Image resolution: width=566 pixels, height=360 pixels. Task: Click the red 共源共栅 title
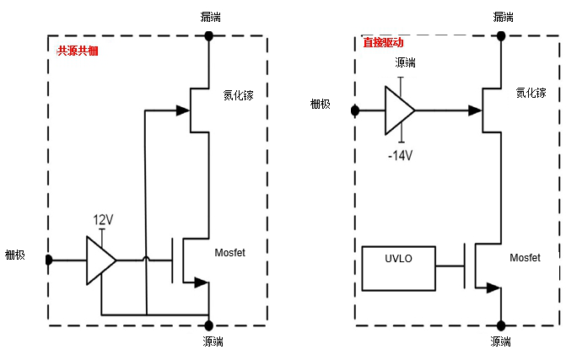tap(78, 51)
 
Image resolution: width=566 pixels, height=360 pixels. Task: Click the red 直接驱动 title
tap(383, 43)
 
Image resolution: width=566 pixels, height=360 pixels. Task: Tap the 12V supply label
tap(103, 219)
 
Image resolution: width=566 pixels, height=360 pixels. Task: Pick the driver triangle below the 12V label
tap(100, 260)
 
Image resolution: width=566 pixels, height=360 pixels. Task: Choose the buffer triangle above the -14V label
tap(399, 110)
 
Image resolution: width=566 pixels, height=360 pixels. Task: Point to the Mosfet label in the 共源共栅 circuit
tap(229, 252)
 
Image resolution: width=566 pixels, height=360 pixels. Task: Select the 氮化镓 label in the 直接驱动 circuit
tap(531, 93)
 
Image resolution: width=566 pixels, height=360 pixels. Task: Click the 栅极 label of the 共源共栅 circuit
tap(18, 255)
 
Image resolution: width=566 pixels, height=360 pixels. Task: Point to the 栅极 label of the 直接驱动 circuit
tap(321, 104)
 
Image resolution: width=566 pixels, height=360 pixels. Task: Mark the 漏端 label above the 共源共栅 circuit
tap(212, 16)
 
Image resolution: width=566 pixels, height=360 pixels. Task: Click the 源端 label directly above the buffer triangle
tap(405, 63)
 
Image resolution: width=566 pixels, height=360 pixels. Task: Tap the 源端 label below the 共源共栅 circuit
tap(213, 341)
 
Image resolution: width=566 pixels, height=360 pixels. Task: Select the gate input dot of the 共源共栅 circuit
tap(49, 260)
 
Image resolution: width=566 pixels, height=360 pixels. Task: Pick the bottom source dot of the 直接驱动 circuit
tap(500, 325)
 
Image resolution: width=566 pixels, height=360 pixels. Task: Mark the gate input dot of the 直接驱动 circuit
tap(355, 110)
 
